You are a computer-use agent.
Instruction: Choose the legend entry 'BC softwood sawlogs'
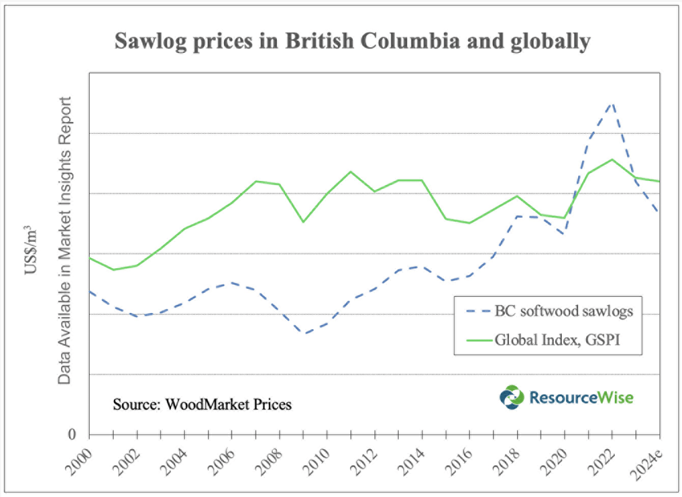click(x=564, y=311)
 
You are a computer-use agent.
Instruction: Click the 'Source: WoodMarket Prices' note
click(x=202, y=404)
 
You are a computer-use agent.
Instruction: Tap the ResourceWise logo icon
click(x=512, y=397)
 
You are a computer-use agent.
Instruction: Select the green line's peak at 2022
click(x=612, y=159)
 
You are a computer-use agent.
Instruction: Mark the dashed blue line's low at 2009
click(x=304, y=333)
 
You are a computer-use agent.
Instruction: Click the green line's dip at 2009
click(x=303, y=221)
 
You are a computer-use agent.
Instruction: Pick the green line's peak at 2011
click(x=351, y=171)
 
